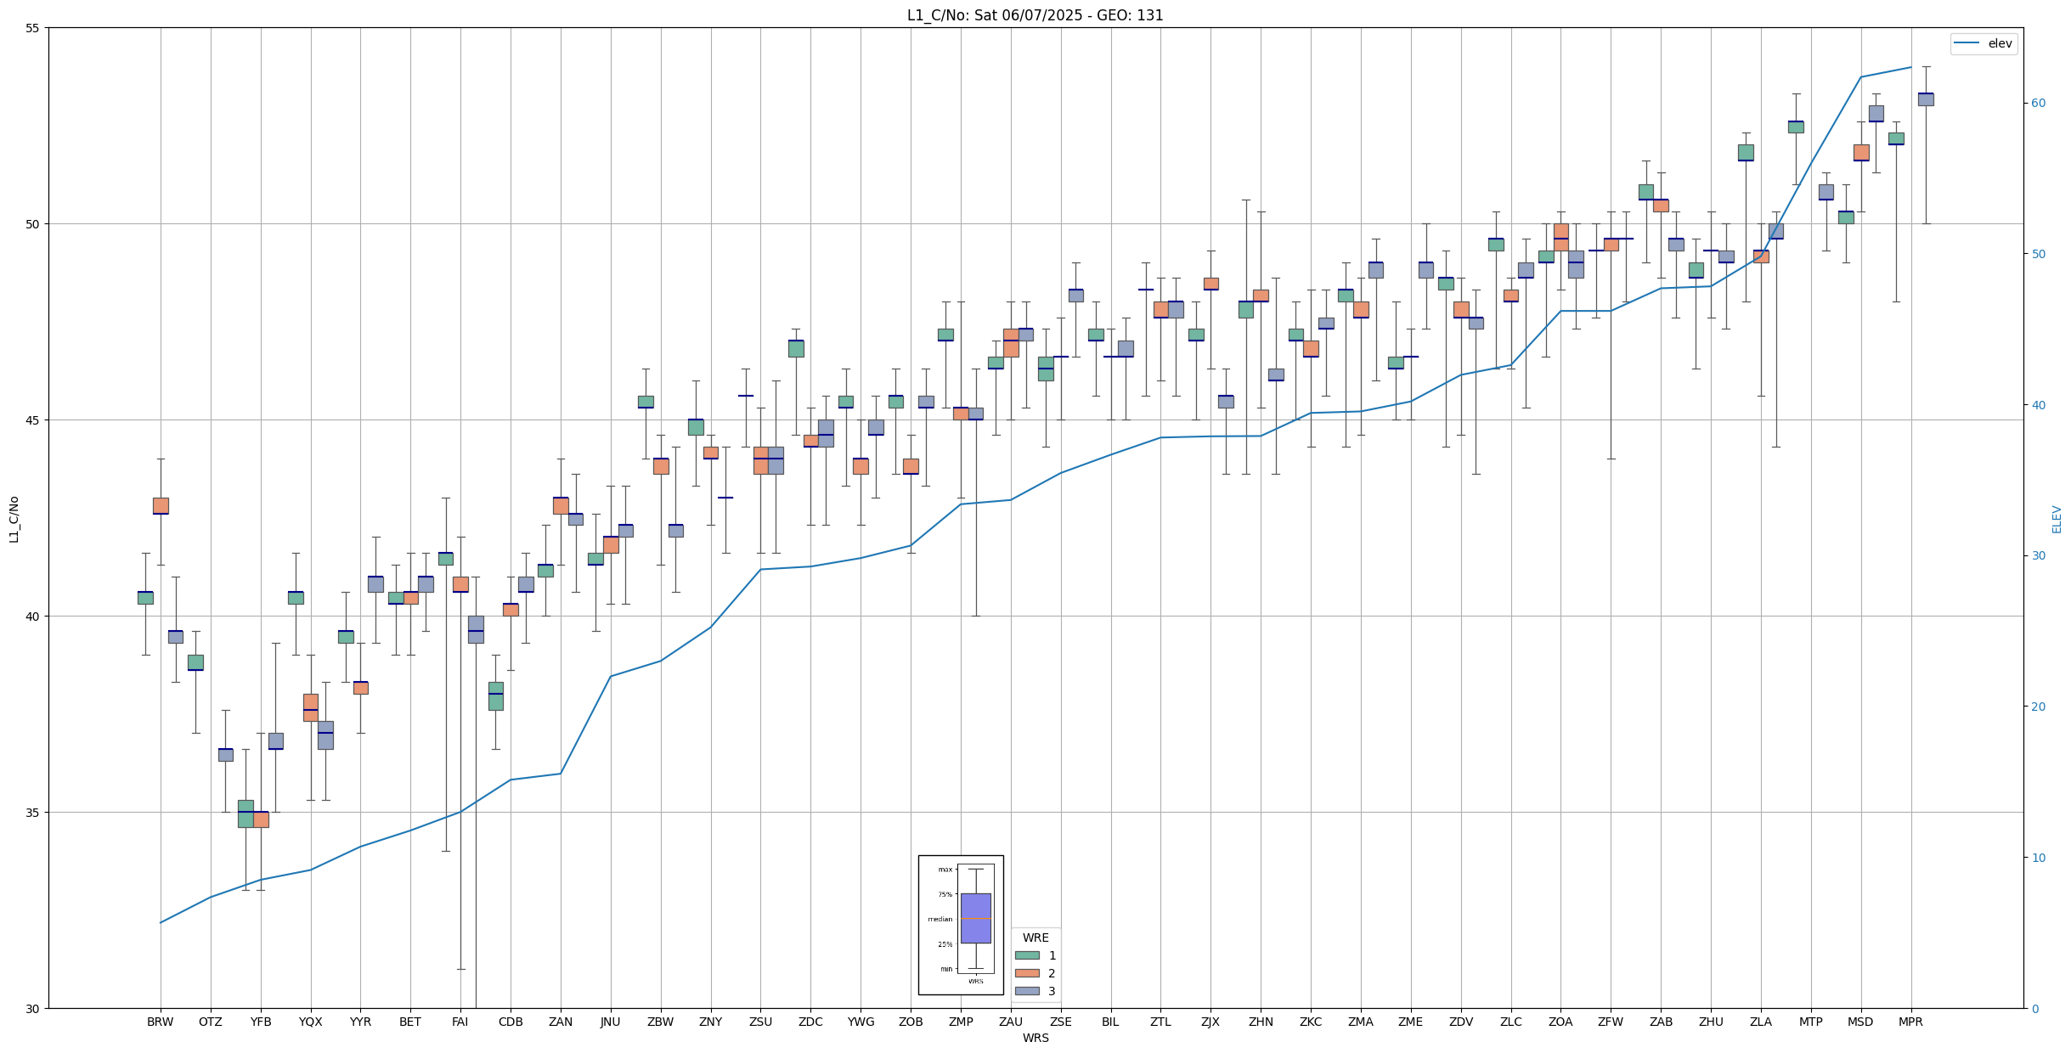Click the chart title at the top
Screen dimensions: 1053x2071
tap(1035, 15)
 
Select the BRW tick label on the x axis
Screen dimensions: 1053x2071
tap(160, 1022)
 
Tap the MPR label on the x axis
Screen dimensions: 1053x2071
tap(1910, 1022)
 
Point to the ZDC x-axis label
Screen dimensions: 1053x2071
tap(810, 1022)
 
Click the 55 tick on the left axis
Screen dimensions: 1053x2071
tap(33, 28)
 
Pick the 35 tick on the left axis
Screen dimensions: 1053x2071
tap(33, 813)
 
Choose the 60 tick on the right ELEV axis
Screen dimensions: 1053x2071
tap(2038, 104)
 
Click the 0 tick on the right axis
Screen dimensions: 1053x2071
tap(2034, 1009)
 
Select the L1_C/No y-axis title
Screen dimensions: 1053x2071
tap(14, 519)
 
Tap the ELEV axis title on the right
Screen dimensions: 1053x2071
tap(2057, 519)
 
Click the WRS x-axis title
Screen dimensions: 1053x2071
tap(1035, 1038)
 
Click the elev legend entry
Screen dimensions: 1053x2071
tap(1984, 43)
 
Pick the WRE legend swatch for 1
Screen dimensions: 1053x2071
tap(1027, 955)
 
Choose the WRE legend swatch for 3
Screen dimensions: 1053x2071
tap(1027, 991)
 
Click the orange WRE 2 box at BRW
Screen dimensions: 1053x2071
tap(161, 505)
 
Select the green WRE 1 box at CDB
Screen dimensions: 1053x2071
tap(495, 695)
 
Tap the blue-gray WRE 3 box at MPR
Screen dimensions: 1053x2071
tap(1926, 99)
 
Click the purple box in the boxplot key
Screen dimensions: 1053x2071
tap(975, 918)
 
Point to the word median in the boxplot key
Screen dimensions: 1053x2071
tap(940, 919)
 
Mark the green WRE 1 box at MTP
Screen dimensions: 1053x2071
tap(1796, 127)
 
